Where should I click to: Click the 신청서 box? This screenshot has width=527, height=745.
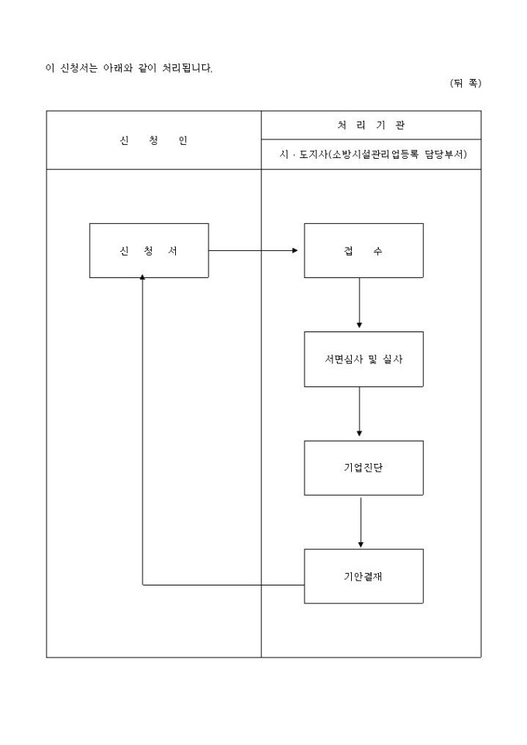[149, 250]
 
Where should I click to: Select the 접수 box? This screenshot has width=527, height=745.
[363, 250]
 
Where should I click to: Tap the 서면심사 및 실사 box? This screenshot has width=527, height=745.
[363, 359]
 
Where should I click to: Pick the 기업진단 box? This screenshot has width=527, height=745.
[363, 468]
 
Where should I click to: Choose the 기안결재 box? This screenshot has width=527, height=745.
[363, 576]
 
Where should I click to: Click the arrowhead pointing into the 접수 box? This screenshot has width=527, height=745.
[294, 250]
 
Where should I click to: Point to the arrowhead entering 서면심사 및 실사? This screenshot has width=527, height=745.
[360, 325]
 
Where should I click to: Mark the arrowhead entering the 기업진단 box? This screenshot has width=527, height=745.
[360, 434]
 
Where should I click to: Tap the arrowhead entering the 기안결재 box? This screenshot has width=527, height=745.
[360, 543]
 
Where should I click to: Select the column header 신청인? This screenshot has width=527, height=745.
[153, 141]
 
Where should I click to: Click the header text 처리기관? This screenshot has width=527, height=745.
[370, 125]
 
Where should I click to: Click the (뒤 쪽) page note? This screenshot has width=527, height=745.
[465, 84]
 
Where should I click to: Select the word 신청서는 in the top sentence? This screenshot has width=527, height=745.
[78, 67]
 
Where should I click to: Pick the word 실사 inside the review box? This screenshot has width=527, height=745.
[393, 359]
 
